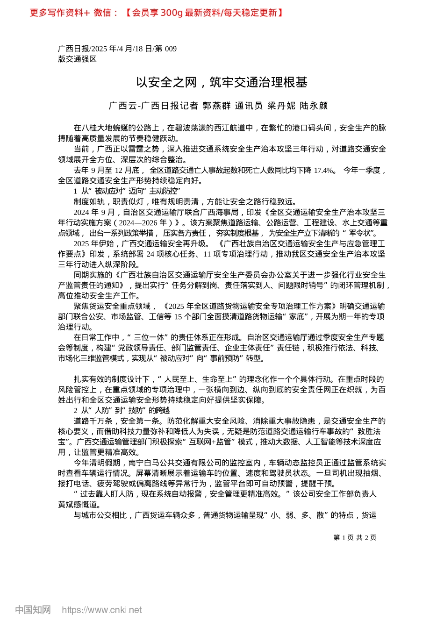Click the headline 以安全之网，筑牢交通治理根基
(222, 83)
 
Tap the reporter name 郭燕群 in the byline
(216, 106)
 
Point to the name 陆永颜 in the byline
(314, 106)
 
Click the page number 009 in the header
(170, 49)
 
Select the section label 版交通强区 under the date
(77, 59)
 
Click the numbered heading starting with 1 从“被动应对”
(127, 191)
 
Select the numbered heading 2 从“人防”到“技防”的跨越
(122, 411)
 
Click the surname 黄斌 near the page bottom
(66, 505)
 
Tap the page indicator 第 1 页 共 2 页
(355, 538)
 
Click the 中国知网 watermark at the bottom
(33, 610)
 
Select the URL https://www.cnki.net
(102, 610)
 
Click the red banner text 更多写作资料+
(59, 13)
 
